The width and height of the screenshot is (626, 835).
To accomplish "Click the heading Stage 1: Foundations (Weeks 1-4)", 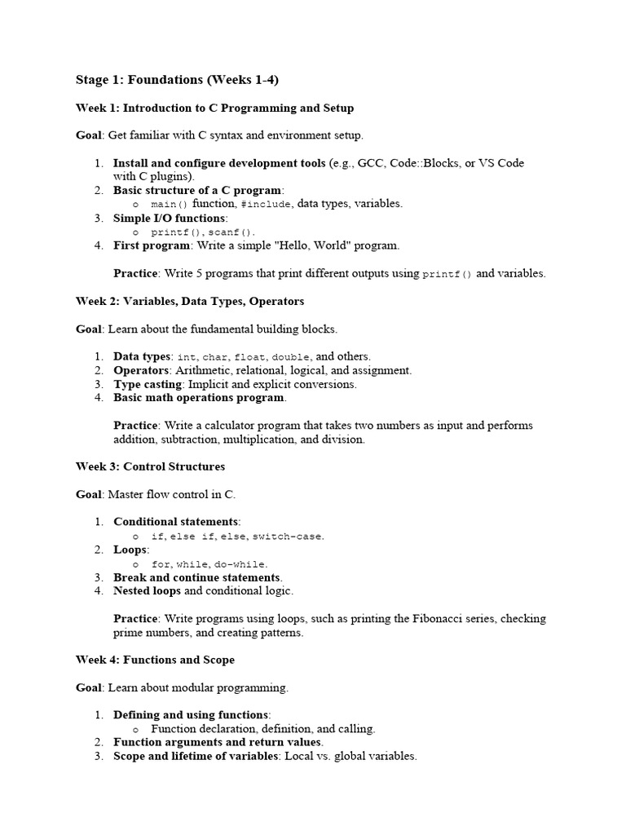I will [177, 79].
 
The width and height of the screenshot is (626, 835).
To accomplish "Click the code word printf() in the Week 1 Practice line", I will [447, 275].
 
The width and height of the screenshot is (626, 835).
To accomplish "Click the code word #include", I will [266, 204].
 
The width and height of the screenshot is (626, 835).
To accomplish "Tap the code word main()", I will [170, 204].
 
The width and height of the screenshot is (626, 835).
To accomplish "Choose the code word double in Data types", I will [291, 357].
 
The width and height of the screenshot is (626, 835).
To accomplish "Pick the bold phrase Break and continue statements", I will [197, 577].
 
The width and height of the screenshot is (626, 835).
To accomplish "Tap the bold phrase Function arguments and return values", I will [218, 743].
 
